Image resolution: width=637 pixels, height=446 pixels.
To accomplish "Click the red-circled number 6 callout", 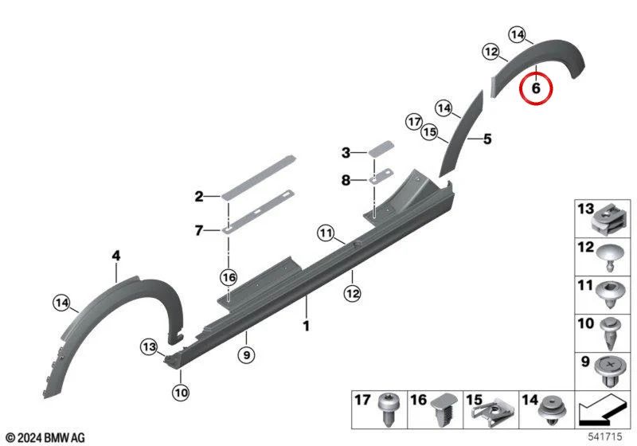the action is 536,88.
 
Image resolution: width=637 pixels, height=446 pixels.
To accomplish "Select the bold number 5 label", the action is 487,139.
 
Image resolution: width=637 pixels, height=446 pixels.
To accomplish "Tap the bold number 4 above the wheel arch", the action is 116,256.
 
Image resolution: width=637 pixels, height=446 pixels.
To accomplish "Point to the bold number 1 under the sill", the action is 307,326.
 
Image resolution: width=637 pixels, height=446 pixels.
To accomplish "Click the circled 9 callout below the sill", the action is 247,355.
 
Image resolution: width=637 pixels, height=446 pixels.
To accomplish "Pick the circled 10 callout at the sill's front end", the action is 181,393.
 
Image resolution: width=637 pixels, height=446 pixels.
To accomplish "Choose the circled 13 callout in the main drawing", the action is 149,347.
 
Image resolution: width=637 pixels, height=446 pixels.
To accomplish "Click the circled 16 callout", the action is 229,277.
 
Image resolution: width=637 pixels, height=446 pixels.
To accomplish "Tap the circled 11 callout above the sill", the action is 326,233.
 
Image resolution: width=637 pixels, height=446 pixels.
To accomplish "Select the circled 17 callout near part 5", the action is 414,122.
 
